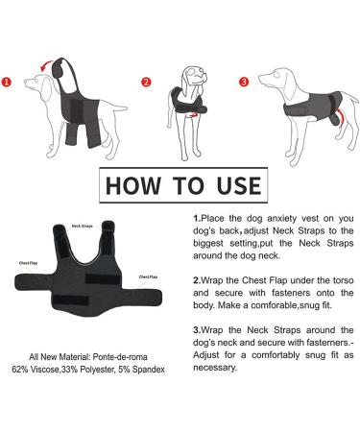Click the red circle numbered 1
tap(9, 82)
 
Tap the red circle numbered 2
tap(146, 82)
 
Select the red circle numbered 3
tap(244, 82)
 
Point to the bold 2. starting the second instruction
tap(198, 289)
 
